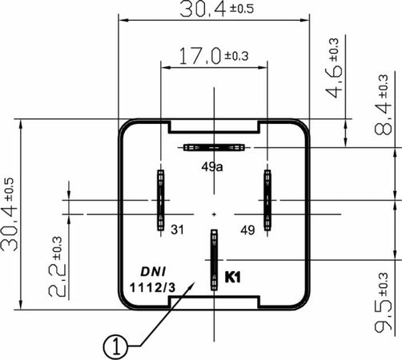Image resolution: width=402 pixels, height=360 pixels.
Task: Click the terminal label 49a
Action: point(211,166)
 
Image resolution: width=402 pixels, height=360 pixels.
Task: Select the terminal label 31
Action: point(177,230)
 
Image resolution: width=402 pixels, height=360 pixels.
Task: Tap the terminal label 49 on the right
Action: point(247,230)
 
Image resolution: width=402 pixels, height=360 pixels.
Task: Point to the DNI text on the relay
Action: point(153,271)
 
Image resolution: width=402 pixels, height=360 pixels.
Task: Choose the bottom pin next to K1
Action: point(214,260)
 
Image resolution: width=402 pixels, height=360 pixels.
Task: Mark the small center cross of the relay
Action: point(214,214)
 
